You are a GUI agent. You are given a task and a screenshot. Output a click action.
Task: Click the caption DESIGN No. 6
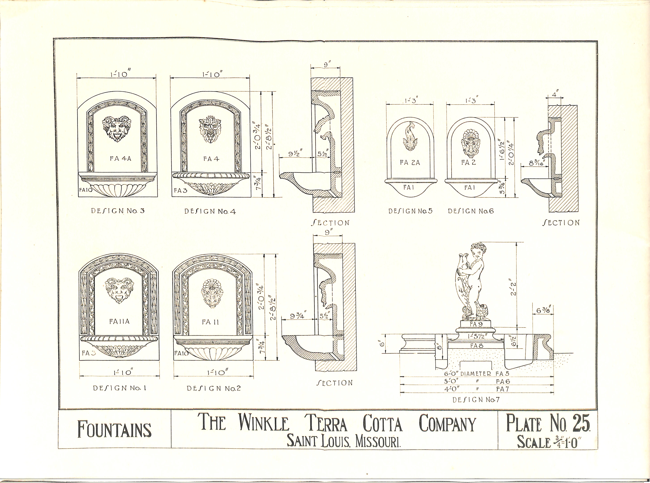pyautogui.click(x=471, y=211)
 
